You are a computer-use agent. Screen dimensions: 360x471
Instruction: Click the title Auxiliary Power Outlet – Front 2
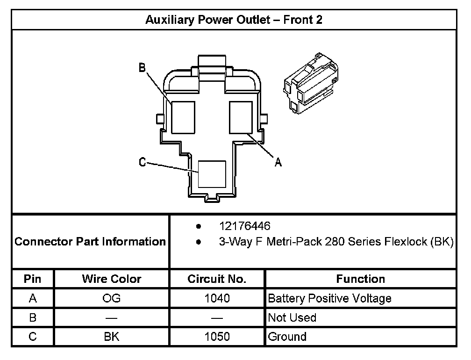[x=234, y=20]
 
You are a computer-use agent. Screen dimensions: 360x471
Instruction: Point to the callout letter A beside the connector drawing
[x=278, y=162]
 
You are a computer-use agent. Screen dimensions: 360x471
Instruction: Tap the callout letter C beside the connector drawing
[x=143, y=162]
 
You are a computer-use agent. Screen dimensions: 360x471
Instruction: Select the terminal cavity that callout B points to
[x=183, y=117]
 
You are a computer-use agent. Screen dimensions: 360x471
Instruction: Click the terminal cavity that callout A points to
[x=241, y=117]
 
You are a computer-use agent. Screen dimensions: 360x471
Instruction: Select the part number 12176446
[x=245, y=226]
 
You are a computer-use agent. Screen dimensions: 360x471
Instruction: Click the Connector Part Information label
[x=91, y=242]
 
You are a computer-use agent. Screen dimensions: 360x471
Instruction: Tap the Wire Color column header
[x=112, y=279]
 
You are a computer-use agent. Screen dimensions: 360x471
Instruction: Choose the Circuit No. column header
[x=217, y=279]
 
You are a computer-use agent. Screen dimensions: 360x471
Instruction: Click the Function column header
[x=360, y=279]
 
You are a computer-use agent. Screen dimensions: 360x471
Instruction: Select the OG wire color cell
[x=112, y=298]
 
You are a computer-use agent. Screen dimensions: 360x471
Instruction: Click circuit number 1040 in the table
[x=217, y=298]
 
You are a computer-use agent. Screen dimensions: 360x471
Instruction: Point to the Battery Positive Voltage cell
[x=329, y=298]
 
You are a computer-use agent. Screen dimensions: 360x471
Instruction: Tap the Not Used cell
[x=292, y=318]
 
